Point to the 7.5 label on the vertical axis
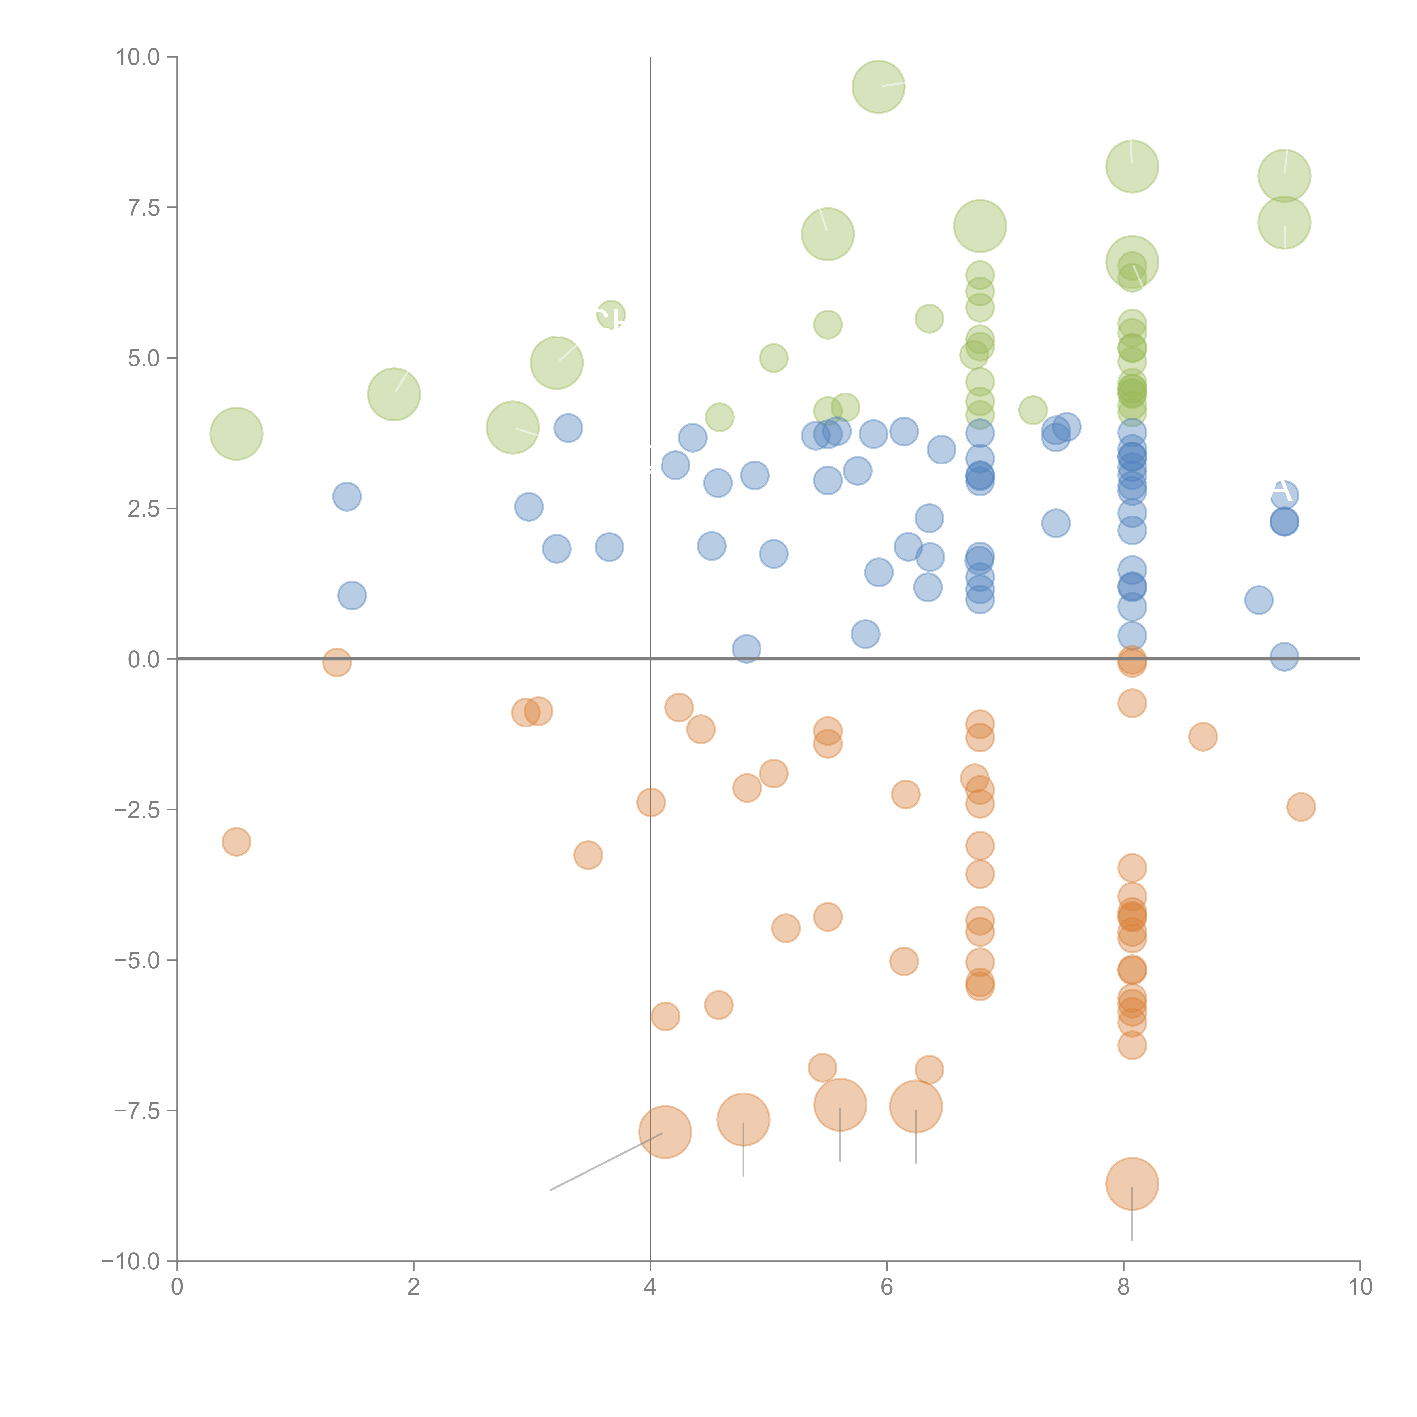click(144, 207)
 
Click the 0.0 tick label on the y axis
click(144, 659)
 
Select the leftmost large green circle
click(236, 434)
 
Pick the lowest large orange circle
click(1132, 1184)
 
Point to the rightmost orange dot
click(1301, 807)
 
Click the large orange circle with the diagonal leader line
click(665, 1132)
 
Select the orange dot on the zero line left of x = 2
click(337, 662)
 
